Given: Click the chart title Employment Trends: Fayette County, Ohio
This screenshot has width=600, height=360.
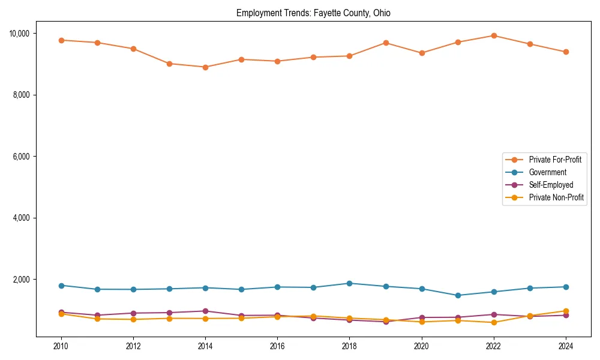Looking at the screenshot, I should pos(313,13).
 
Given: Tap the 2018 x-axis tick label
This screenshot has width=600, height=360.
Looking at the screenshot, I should pos(349,346).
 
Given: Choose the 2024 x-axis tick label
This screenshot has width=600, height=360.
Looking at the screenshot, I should pos(566,346).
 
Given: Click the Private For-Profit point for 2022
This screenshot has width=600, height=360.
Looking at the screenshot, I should pos(494,35).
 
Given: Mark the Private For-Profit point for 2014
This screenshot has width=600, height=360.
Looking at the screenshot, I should pos(205,67).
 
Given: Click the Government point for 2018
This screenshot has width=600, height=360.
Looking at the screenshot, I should pos(349,283).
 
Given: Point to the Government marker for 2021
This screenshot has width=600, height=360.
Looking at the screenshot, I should pos(458,295).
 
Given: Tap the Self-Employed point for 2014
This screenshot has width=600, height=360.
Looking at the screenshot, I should pos(205,311).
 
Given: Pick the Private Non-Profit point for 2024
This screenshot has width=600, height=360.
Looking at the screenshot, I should pos(566,311).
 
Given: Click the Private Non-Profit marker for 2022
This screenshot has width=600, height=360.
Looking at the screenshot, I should pos(494,322).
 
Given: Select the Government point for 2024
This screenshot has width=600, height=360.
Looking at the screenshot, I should pos(566,287).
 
